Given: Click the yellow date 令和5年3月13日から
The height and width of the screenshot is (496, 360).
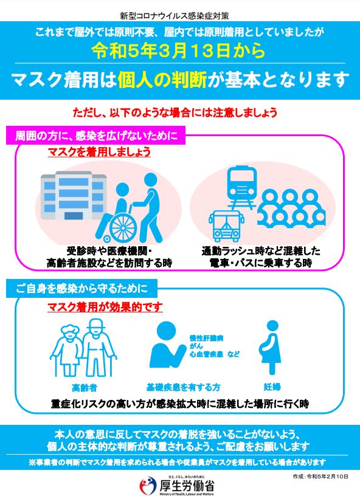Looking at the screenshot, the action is [179, 50].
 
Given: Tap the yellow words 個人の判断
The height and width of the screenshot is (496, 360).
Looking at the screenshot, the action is [162, 80].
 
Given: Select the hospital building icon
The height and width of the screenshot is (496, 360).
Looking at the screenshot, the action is [74, 196].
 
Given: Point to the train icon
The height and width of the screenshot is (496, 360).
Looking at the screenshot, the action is [242, 188].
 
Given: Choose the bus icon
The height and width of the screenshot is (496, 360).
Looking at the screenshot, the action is [226, 226].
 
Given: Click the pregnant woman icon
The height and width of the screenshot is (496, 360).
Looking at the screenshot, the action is [271, 347].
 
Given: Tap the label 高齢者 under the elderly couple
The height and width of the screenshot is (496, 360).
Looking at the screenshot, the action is [85, 388].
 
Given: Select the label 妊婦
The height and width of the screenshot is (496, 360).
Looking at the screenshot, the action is [272, 387].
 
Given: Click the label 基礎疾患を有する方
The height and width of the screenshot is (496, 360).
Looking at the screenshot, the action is [183, 387].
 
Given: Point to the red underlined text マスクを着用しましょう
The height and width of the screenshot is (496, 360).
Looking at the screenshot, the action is [99, 152].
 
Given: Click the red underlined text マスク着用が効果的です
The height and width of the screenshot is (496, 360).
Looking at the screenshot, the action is [105, 307].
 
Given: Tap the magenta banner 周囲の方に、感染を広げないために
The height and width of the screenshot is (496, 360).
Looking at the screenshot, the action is [95, 136].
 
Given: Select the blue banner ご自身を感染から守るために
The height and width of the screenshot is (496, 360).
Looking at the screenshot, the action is [81, 289].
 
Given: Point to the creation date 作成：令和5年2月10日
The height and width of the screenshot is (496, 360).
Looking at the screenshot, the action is [320, 477].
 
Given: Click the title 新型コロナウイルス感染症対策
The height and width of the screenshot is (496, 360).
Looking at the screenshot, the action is [175, 16].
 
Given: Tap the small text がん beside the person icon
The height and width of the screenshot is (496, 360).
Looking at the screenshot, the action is [196, 346].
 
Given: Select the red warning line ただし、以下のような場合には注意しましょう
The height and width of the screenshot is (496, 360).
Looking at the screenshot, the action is [175, 112].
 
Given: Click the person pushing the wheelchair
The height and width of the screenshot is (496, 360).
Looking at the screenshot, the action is [151, 207].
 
